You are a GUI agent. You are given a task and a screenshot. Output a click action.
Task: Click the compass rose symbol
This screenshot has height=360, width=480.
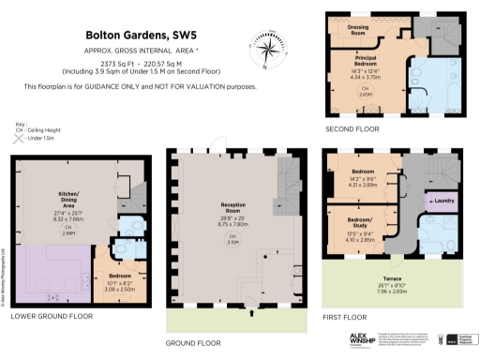pos(265,46)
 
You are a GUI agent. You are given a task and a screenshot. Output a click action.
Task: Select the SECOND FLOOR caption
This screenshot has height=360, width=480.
pos(352,128)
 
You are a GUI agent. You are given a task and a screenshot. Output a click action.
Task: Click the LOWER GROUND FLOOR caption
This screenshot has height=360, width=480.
pos(52,316)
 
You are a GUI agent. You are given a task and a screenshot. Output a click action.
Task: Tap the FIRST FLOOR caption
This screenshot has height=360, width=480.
pos(349,317)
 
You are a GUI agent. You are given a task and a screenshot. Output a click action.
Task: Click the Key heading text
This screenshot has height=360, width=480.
pos(20,123)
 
